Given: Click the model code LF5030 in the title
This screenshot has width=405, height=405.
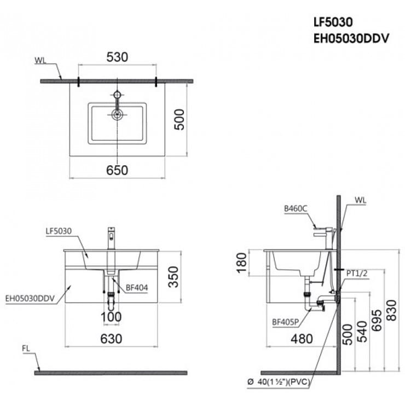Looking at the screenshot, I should click(332, 22).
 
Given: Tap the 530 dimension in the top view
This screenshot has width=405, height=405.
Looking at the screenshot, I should click(117, 57).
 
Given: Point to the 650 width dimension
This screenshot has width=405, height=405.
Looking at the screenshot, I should click(117, 170).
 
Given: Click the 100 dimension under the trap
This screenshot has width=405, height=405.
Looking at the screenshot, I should click(112, 318).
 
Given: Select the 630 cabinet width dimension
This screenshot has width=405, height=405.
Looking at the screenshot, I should click(111, 339).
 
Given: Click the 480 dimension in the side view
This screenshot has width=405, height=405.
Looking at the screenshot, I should click(301, 339).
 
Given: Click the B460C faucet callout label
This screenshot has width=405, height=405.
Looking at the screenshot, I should click(296, 209).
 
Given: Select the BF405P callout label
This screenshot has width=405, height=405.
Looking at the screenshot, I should click(286, 322).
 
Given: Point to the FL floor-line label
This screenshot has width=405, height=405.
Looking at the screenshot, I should click(26, 348).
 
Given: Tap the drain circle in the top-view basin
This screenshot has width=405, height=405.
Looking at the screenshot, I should click(117, 114).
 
